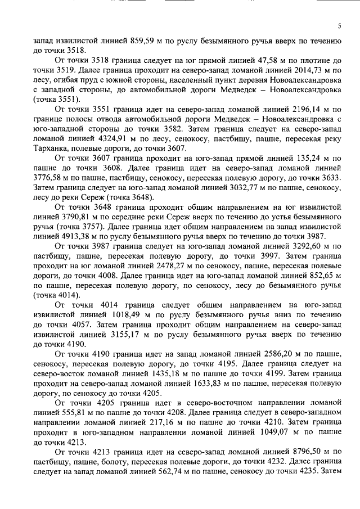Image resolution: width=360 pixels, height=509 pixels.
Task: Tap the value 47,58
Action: tap(242, 60)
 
